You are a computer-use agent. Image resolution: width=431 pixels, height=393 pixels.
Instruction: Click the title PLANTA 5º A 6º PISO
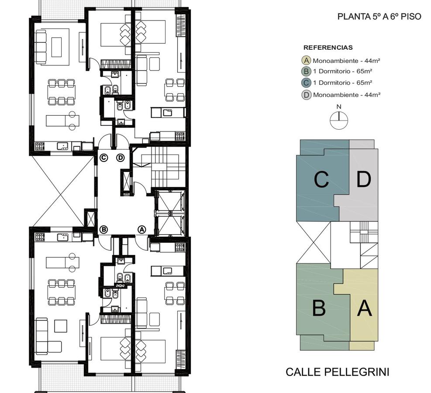click(x=379, y=17)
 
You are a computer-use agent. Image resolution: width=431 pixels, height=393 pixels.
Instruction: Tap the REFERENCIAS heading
click(x=328, y=48)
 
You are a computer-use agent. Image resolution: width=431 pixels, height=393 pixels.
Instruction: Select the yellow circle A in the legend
click(x=306, y=60)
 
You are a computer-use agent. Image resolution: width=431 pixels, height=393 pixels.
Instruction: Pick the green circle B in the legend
click(x=306, y=72)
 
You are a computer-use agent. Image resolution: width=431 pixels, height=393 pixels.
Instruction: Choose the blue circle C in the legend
click(x=306, y=83)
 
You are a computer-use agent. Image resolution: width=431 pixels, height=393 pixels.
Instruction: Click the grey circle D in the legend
click(x=306, y=95)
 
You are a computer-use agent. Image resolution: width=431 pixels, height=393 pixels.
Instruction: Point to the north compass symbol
click(x=339, y=120)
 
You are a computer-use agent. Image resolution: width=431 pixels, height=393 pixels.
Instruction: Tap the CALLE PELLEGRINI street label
click(x=337, y=372)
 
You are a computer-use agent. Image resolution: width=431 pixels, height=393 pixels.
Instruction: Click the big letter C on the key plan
click(x=321, y=180)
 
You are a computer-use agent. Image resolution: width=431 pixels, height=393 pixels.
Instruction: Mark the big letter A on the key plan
click(x=365, y=308)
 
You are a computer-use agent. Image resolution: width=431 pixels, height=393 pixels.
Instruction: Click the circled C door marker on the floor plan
click(x=103, y=158)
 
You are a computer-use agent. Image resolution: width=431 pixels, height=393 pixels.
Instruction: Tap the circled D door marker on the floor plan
click(x=121, y=158)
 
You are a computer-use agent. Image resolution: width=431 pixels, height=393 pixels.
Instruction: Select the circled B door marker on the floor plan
click(x=103, y=229)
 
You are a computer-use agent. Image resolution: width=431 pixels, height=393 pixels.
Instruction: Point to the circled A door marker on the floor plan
click(x=142, y=229)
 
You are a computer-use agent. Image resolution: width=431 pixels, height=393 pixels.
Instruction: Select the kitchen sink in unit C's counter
click(x=63, y=146)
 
